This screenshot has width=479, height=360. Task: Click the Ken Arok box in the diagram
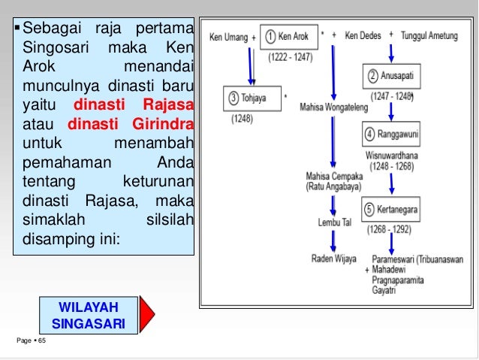[289, 37]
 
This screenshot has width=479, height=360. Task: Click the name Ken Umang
[228, 36]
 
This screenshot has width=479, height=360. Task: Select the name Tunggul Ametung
[429, 35]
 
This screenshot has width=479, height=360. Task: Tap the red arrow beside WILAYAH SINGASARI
[147, 315]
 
